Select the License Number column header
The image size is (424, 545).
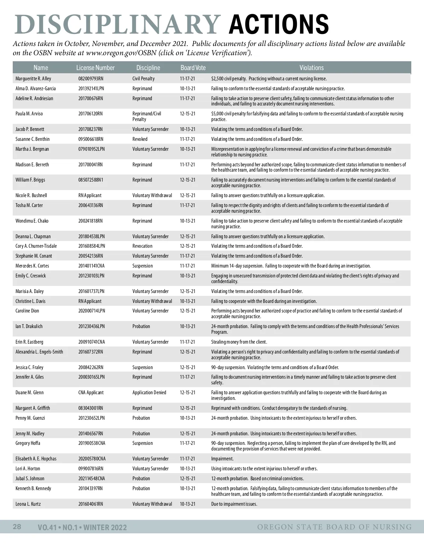(x=95, y=68)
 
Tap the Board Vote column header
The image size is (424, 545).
(x=193, y=68)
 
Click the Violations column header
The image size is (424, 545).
(x=311, y=68)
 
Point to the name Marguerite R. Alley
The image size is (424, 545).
(x=33, y=79)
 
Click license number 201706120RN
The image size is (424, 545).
(x=90, y=114)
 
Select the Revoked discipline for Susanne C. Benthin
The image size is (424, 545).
(x=140, y=139)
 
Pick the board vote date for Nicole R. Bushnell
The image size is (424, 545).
(x=187, y=195)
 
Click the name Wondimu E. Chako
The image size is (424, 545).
(x=32, y=221)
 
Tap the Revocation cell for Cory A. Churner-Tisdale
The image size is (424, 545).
(x=142, y=246)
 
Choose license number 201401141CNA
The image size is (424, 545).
(x=92, y=266)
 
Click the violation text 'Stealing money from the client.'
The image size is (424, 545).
(x=239, y=342)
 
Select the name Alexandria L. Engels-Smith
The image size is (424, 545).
(x=39, y=352)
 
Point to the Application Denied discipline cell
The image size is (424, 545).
(x=149, y=392)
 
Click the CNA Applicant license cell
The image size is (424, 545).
(x=91, y=392)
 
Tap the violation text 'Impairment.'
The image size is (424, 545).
(x=222, y=459)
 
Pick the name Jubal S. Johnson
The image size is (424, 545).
(x=30, y=478)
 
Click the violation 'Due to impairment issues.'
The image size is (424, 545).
(x=234, y=504)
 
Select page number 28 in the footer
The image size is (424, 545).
(x=17, y=527)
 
